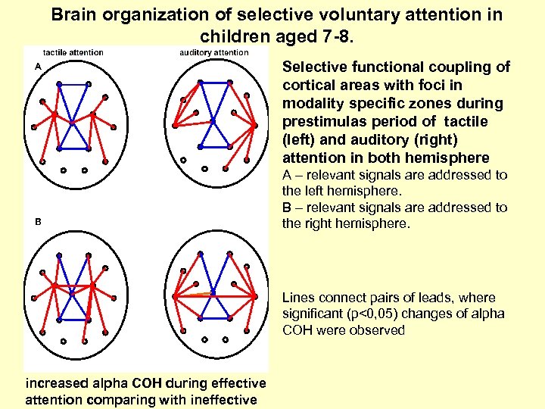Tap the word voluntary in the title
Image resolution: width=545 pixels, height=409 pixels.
point(333,15)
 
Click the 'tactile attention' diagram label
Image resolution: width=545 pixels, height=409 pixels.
point(73,52)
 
